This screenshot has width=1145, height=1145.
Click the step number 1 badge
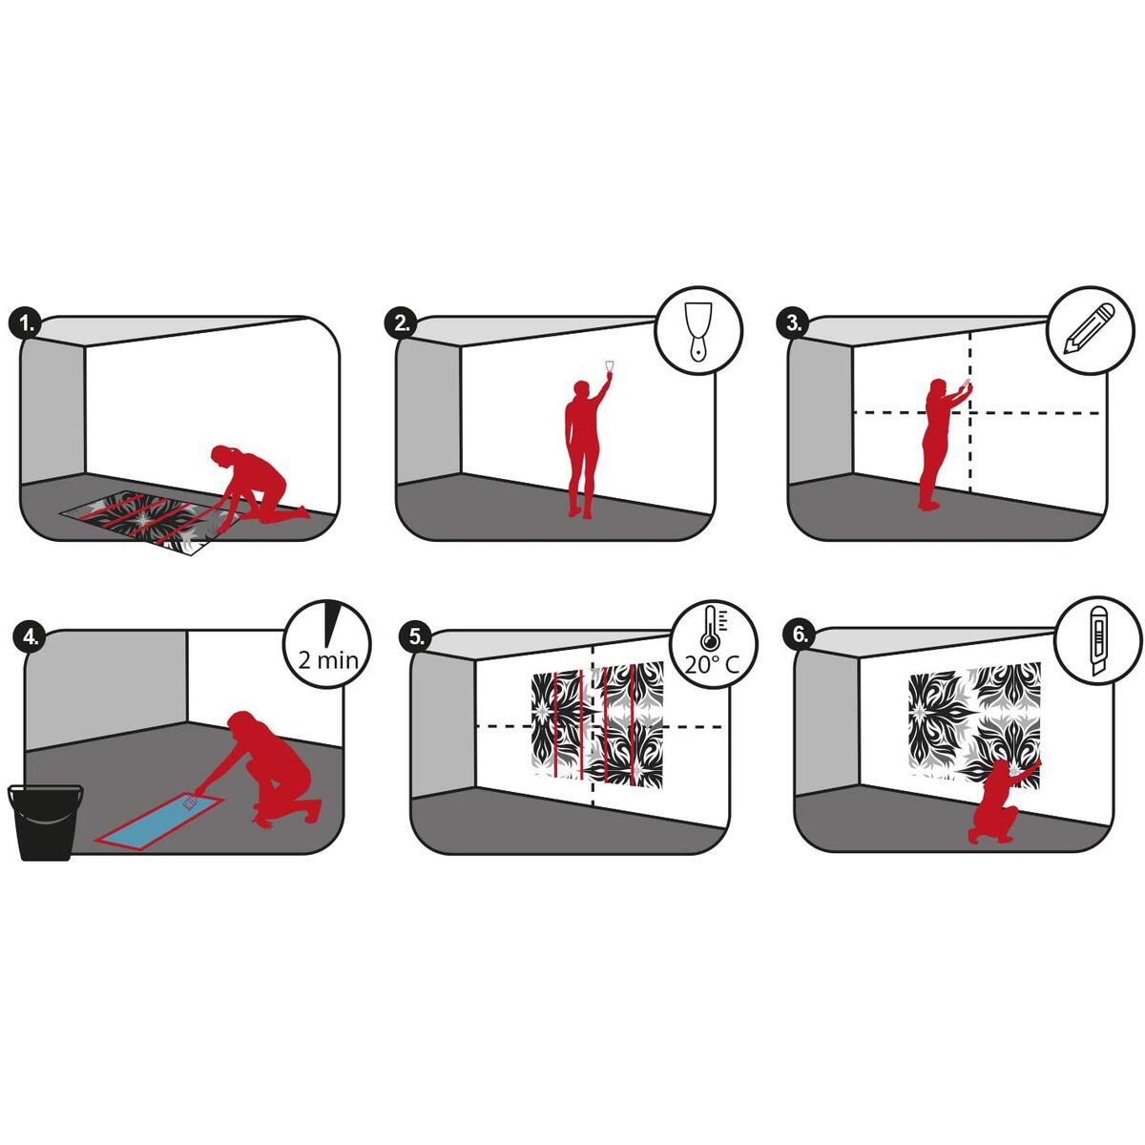(x=26, y=324)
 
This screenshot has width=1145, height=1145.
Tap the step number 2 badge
(x=403, y=323)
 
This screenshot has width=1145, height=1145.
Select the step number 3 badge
(x=793, y=323)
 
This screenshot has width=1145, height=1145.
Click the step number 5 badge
(x=417, y=636)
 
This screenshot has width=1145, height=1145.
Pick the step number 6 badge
(x=801, y=634)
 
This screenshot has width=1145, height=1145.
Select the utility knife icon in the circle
(x=1097, y=642)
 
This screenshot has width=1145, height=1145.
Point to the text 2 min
(x=328, y=659)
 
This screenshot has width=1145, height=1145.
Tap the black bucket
(x=46, y=822)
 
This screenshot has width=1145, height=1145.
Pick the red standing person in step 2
(x=585, y=442)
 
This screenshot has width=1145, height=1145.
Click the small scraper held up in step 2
(x=609, y=367)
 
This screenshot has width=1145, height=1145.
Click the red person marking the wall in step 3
(x=941, y=444)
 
